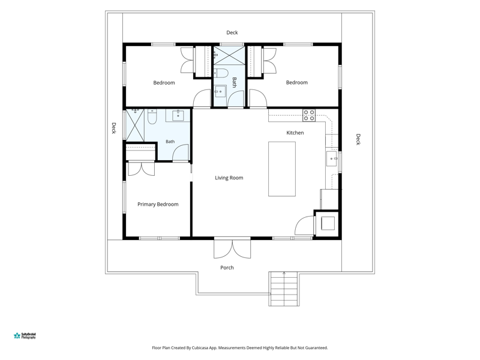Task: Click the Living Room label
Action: (229, 178)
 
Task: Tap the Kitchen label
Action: (295, 133)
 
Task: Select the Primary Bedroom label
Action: (158, 204)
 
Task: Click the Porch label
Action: (227, 268)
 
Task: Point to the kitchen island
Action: (282, 169)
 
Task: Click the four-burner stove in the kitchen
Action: (309, 115)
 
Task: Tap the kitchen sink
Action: (332, 158)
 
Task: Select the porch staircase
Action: (284, 289)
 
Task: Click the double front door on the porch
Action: (232, 248)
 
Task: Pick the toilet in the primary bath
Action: (152, 116)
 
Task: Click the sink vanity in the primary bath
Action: (178, 115)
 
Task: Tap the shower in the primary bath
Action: (135, 125)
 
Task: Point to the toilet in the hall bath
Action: (221, 73)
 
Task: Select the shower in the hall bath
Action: (229, 55)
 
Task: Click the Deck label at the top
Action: (232, 32)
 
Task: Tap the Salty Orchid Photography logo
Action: (25, 336)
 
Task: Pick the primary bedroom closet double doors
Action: (141, 169)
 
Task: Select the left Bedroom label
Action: (164, 83)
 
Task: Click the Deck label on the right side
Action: (358, 139)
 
